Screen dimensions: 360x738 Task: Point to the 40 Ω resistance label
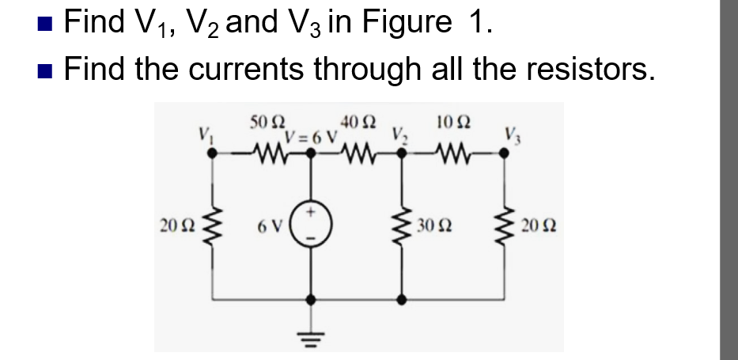[x=359, y=123]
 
